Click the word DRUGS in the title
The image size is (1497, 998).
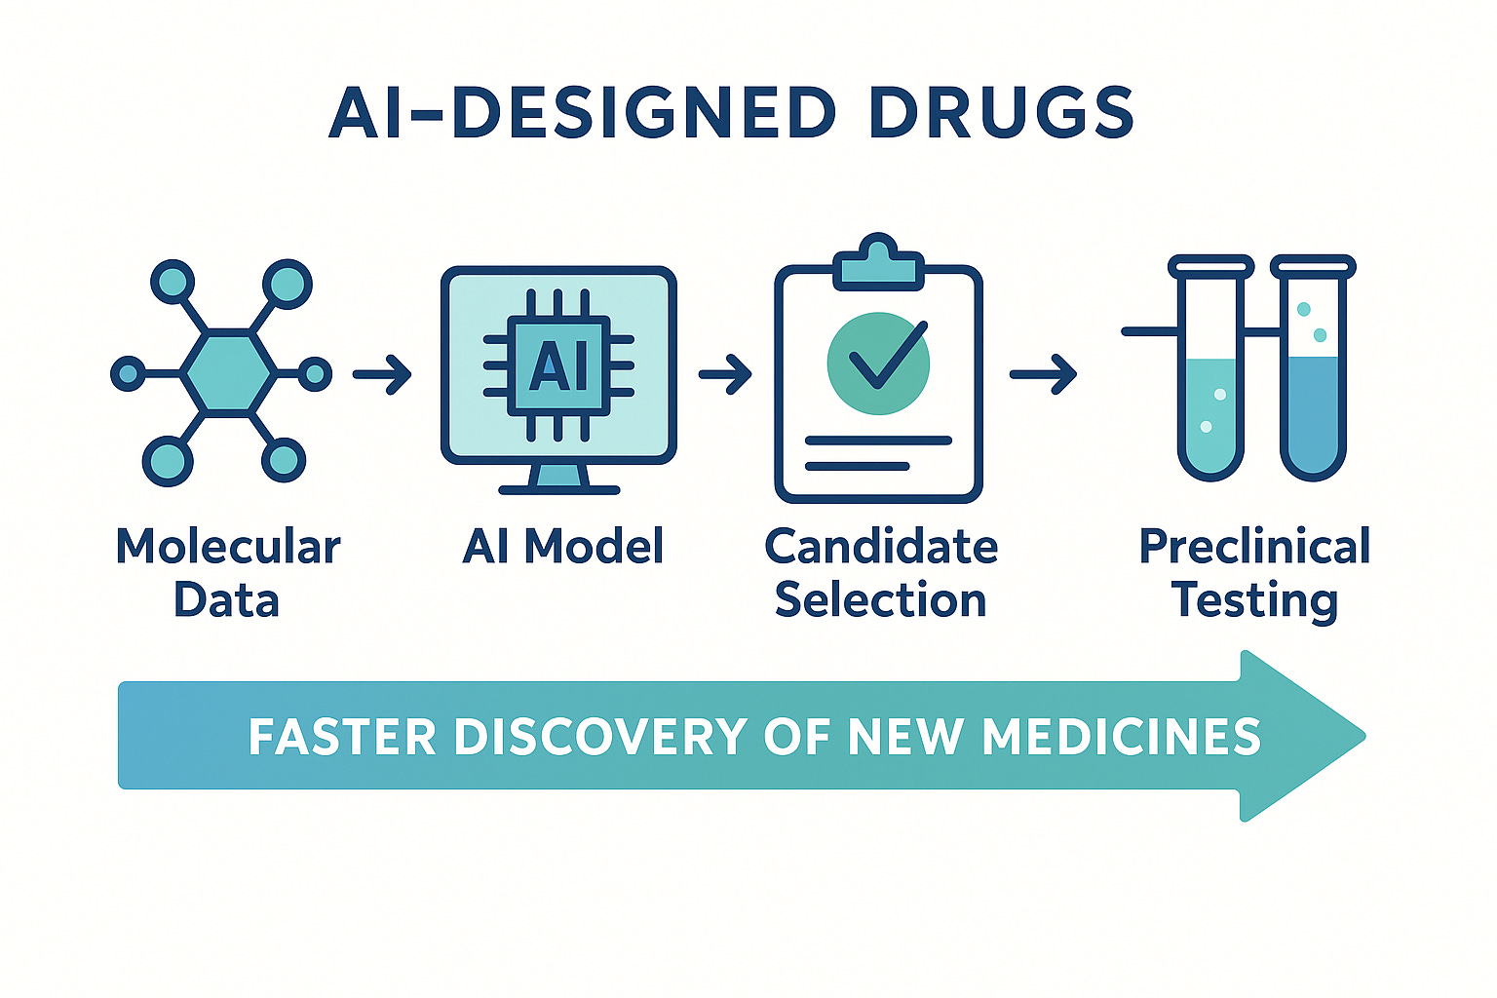[1001, 112]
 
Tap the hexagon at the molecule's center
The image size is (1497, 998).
[228, 372]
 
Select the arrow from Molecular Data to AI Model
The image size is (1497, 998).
[382, 374]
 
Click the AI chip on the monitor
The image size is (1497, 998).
[558, 366]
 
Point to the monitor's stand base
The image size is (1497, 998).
[559, 488]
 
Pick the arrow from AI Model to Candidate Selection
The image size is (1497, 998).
[725, 373]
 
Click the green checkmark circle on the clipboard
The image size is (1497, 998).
[878, 363]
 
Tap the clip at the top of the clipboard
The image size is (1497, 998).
[878, 261]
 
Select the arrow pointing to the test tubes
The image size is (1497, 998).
[1043, 374]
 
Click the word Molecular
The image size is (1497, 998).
[228, 547]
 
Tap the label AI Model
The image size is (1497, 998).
[563, 547]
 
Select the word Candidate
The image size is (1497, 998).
[881, 547]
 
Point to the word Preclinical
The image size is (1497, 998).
[1254, 547]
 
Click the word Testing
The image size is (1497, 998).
[1254, 600]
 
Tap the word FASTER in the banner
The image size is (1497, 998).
[341, 737]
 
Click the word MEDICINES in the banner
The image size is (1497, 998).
[1121, 737]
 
